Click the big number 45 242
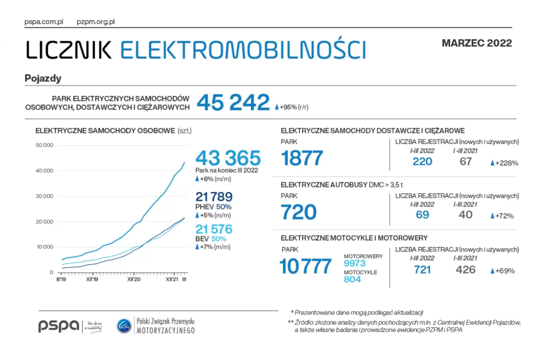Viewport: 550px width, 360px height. pos(233,103)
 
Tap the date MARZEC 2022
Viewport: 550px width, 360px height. pos(477,43)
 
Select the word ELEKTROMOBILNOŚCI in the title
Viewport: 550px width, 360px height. pos(243,50)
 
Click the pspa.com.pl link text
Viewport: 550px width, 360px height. pos(44,21)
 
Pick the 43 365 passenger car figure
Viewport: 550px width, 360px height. pos(228,158)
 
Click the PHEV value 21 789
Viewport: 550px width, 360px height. pos(214,197)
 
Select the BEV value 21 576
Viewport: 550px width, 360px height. pos(214,229)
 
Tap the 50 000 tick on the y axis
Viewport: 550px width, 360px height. pos(44,145)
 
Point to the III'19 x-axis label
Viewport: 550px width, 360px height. pos(61,279)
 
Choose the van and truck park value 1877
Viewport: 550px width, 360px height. pos(302,158)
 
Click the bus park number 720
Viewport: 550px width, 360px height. pos(299,212)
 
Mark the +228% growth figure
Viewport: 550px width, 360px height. pos(507,163)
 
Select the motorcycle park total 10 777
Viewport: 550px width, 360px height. pos(306,266)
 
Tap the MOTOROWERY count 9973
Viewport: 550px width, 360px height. pos(354,263)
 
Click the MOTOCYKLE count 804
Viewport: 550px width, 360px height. pos(352,279)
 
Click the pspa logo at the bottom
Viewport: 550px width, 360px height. pos(58,326)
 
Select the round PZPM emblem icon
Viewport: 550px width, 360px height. pos(124,326)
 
